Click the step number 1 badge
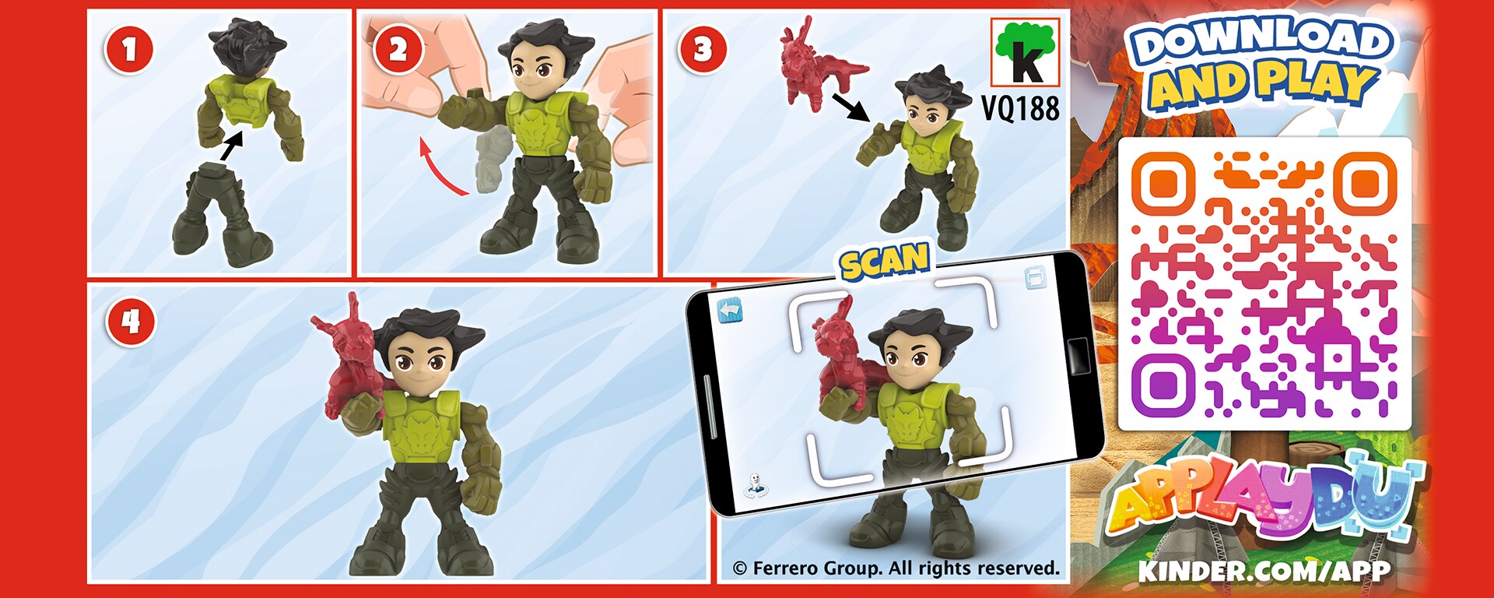click(129, 49)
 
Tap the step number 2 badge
click(398, 49)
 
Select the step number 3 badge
click(703, 49)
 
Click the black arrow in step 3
click(851, 107)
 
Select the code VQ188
click(1020, 108)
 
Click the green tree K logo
click(1026, 52)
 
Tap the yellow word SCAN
click(885, 261)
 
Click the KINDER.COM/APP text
click(1264, 571)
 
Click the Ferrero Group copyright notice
click(896, 568)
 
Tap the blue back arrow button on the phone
click(730, 311)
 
